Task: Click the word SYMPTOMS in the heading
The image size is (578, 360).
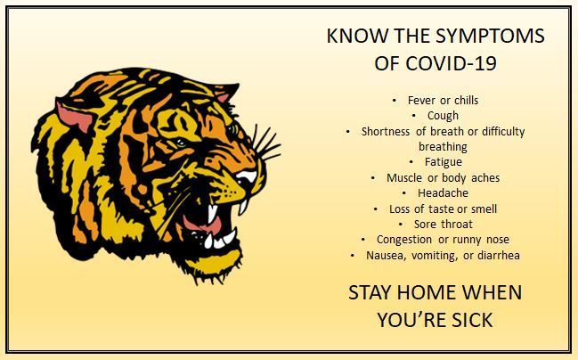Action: coord(490,36)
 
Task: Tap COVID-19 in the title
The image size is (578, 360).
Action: coord(452,63)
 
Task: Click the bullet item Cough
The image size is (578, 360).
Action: coord(443,116)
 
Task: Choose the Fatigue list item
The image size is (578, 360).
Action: coord(444,162)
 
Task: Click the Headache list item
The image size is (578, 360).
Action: coord(443,192)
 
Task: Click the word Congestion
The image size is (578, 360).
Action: coord(404,240)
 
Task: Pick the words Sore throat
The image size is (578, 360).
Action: coord(444,225)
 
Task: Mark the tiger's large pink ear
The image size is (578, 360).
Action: coord(75,116)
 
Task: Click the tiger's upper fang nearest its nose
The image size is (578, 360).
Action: coord(243,207)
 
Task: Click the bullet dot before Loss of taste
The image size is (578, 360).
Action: coord(375,209)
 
